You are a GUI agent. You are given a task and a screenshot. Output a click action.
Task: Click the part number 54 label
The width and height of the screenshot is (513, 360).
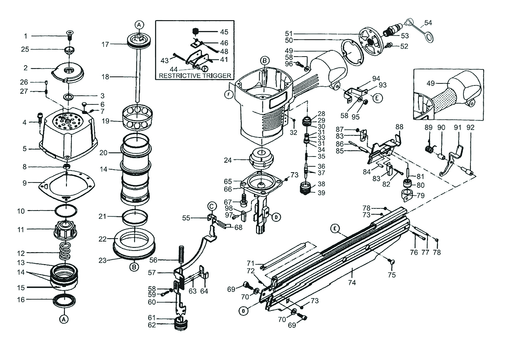click(x=428, y=22)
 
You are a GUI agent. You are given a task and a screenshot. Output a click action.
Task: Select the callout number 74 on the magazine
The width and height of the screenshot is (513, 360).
click(x=352, y=283)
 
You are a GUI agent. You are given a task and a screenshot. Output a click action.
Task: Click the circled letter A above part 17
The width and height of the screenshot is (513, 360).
click(x=139, y=25)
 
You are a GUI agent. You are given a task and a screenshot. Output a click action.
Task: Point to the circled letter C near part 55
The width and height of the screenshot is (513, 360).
click(x=211, y=206)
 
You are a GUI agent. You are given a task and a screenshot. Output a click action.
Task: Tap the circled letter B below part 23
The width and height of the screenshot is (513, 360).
click(x=134, y=267)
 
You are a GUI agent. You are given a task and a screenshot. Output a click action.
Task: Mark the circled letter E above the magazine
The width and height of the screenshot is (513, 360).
click(x=335, y=227)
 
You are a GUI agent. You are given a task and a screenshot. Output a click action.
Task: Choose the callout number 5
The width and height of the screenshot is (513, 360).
click(x=24, y=149)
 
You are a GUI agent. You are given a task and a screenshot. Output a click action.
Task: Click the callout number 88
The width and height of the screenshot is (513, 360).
click(x=399, y=127)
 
